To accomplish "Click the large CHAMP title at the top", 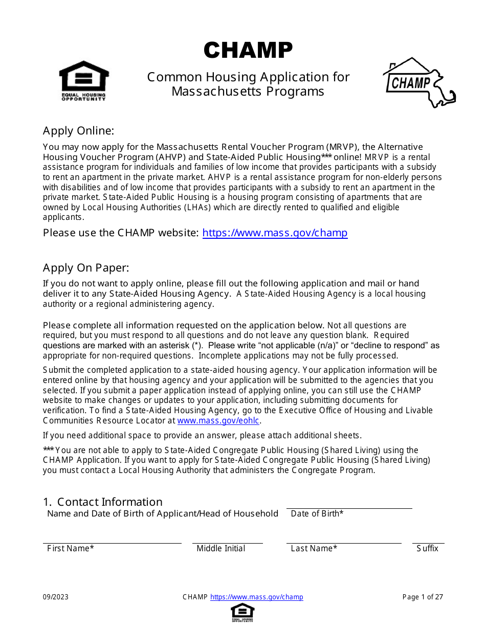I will (248, 51).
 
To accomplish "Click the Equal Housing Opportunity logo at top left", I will (84, 80).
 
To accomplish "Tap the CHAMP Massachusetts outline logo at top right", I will (418, 82).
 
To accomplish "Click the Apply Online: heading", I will (78, 130).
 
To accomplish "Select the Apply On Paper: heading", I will (86, 267).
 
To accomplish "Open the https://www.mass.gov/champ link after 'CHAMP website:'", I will (275, 233).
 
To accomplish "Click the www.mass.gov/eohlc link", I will (218, 420).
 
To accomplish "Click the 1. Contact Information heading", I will (102, 502).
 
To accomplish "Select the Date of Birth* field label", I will (317, 513).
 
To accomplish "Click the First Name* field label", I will (70, 548).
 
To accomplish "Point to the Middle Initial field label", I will (220, 548).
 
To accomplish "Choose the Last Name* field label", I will (314, 548).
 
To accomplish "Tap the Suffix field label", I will (427, 548).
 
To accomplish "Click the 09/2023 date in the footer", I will (55, 597).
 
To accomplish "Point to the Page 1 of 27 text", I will (423, 597).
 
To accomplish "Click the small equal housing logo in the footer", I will (242, 612).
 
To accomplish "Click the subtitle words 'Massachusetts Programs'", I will (248, 91).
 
